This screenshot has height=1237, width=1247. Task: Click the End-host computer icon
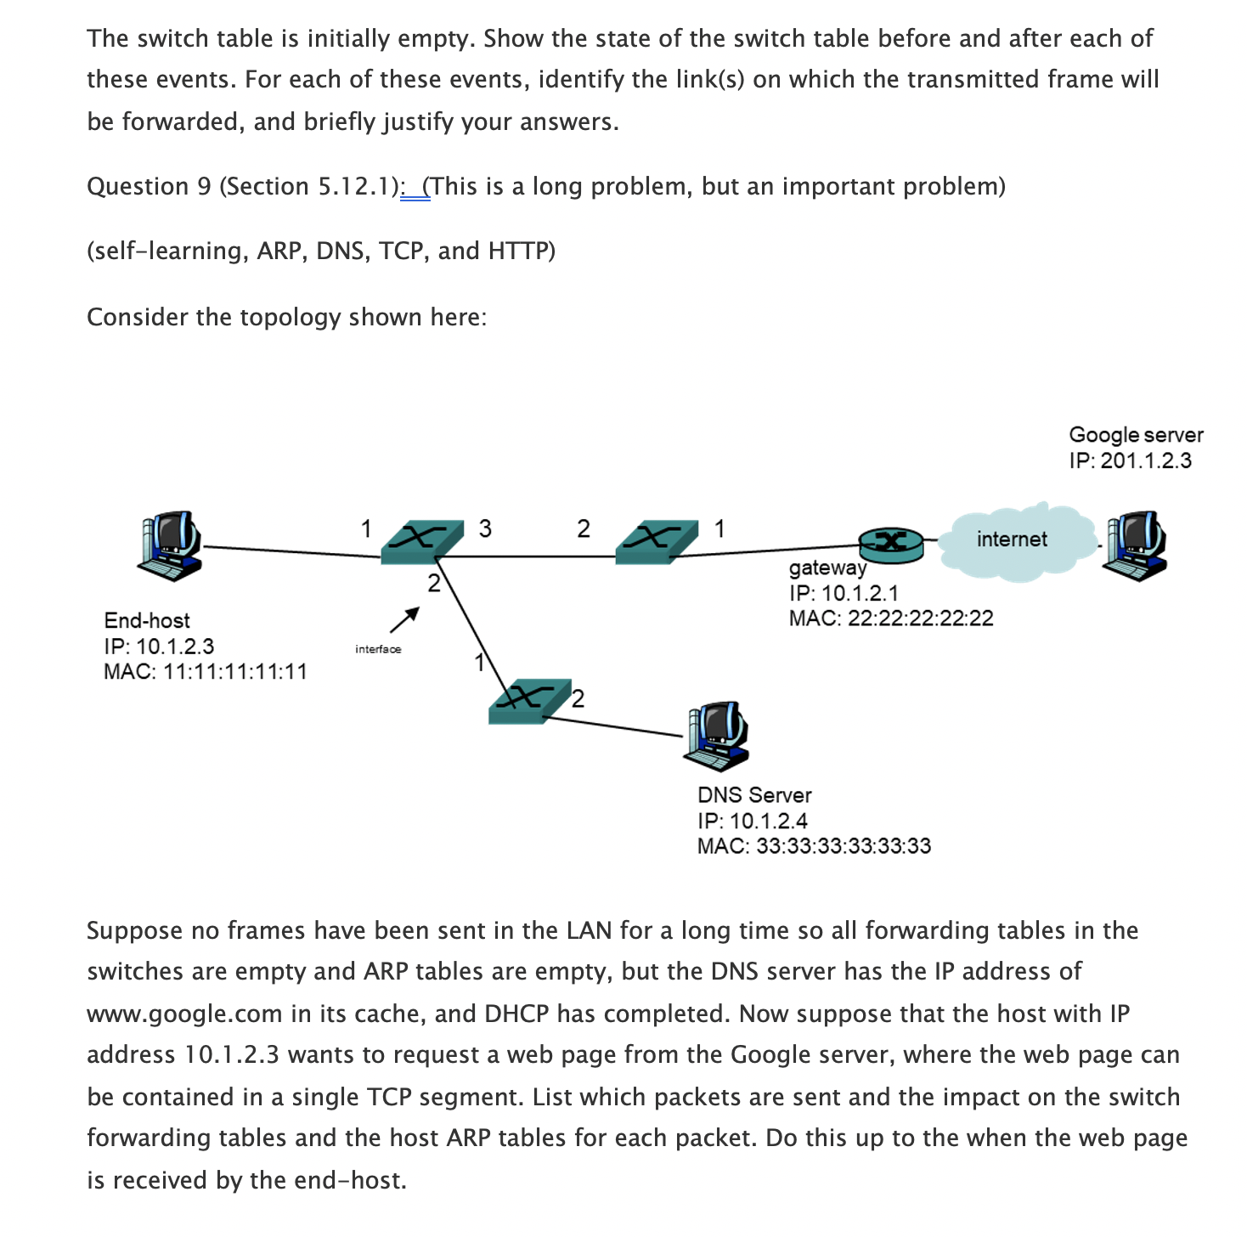point(171,545)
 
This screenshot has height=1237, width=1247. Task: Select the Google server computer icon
point(1135,545)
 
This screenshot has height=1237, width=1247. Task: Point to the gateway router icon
point(890,544)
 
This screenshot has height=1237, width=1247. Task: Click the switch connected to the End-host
point(421,543)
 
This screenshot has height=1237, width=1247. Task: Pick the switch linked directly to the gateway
point(655,543)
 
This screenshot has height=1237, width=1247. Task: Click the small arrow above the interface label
point(404,619)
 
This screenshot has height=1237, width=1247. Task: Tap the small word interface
point(378,650)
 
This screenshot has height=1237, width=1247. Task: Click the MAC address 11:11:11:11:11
point(234,672)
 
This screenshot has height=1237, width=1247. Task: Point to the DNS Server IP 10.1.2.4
point(768,821)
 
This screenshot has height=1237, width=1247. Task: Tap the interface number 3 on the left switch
point(485,528)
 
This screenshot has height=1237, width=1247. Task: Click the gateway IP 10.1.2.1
point(859,593)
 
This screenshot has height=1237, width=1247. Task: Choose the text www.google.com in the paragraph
point(183,1014)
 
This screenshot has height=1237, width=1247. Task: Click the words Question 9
point(149,187)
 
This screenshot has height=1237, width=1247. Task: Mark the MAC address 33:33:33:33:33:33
point(843,846)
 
